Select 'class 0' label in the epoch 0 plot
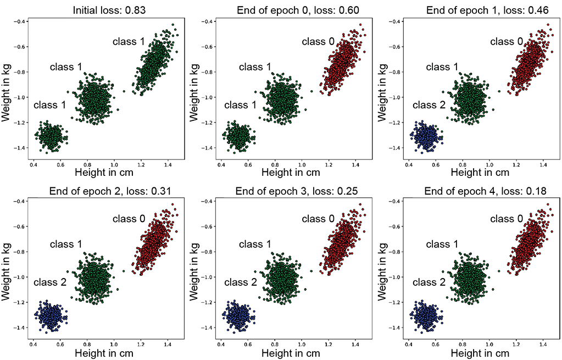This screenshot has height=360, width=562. pyautogui.click(x=317, y=41)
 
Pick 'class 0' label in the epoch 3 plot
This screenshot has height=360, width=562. pyautogui.click(x=317, y=219)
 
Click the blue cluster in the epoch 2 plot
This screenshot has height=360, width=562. pyautogui.click(x=51, y=317)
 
